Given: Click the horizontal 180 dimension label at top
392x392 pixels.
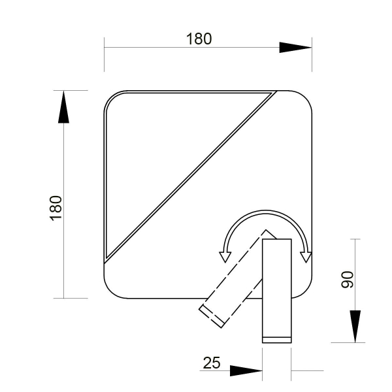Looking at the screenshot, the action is pos(199,39).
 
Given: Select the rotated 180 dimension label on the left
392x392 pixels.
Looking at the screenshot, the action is pos(56,208).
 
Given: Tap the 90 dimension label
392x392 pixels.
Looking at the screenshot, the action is pos(348,280).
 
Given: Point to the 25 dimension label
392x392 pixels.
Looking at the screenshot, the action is pos(212,363).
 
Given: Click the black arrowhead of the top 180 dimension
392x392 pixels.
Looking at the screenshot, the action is pos(295,48).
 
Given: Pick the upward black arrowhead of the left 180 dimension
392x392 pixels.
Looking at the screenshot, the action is pos(63,107).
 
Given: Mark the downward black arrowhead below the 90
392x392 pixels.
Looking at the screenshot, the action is pos(355,327).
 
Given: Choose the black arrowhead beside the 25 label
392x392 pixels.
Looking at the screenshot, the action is pos(246,370).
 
